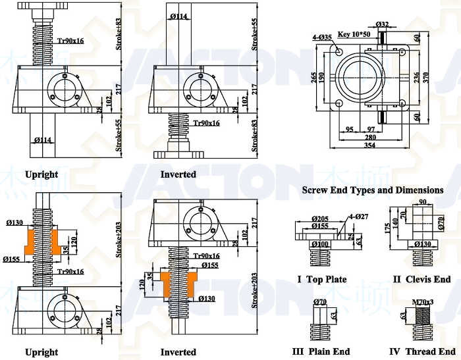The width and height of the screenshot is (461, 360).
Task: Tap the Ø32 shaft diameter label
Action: coord(383,24)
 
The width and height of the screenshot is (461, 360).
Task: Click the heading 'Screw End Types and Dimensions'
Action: coord(372,190)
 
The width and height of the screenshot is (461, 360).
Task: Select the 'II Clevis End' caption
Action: coord(421,280)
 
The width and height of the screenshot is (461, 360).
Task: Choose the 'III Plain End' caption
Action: coord(321,351)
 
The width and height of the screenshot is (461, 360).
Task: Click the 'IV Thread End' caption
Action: coord(421,351)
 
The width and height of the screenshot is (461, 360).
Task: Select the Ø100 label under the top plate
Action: coord(321,245)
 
